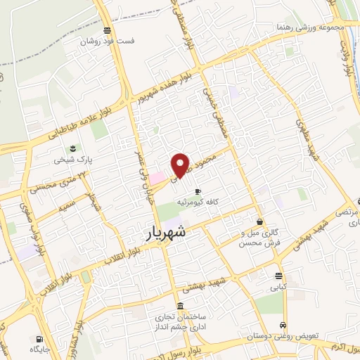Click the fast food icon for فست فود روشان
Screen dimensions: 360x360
(106, 30)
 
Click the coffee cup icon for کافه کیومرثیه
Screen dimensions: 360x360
(198, 191)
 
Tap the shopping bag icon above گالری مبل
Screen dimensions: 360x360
(260, 222)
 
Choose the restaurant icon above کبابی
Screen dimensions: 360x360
(279, 275)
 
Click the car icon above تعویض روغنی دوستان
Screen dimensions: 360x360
(282, 326)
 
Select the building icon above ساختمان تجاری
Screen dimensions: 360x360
(181, 306)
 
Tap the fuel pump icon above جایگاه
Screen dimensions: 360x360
(34, 337)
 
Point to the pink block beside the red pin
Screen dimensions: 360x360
(156, 179)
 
